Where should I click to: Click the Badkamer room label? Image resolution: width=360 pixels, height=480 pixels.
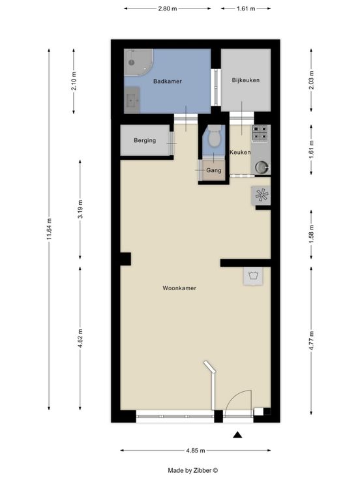click(x=168, y=82)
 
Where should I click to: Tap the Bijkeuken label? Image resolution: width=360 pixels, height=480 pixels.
click(x=246, y=80)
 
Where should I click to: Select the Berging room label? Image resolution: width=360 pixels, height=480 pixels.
click(x=145, y=140)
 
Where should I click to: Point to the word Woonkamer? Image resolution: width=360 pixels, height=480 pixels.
click(x=179, y=288)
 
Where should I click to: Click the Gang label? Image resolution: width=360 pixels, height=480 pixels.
click(x=214, y=170)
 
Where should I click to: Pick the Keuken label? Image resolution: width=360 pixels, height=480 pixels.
click(x=240, y=152)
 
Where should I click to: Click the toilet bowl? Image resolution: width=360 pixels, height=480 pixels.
click(x=215, y=137)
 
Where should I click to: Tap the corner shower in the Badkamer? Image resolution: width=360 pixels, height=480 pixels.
click(x=138, y=62)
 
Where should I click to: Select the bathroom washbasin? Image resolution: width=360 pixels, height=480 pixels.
click(x=132, y=100)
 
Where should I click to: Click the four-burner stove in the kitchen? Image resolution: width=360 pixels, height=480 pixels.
click(x=260, y=134)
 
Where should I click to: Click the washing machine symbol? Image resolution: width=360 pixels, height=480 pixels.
click(x=253, y=276)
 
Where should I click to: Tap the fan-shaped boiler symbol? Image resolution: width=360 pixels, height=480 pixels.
click(x=261, y=195)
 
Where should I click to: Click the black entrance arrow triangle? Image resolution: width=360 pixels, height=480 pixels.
click(x=237, y=435)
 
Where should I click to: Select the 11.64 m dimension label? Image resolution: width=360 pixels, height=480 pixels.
click(x=49, y=230)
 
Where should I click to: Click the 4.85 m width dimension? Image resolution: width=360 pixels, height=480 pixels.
click(x=196, y=451)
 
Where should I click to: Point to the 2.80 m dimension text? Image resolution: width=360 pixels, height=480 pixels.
click(x=168, y=8)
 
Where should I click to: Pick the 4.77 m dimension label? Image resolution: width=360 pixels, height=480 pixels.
click(x=311, y=340)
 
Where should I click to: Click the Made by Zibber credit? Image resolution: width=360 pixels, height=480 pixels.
click(x=193, y=470)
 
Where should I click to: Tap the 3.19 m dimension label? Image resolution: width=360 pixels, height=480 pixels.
click(x=80, y=209)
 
